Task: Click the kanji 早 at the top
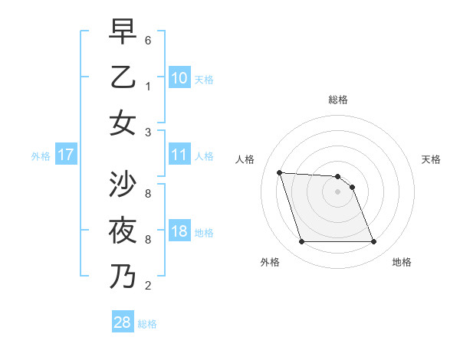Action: point(123,32)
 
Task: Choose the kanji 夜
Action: point(123,231)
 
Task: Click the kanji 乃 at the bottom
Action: point(123,276)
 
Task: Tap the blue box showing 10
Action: point(179,78)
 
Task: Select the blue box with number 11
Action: point(179,155)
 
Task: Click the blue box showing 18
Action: point(179,232)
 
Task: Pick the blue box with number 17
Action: point(66,155)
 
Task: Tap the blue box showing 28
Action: point(123,322)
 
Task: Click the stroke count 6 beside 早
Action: point(148,40)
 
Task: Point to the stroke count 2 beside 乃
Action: point(148,286)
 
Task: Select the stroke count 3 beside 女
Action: point(148,132)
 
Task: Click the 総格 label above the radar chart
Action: point(338,100)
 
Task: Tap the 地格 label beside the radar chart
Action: point(402,263)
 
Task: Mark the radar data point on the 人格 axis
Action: point(280,172)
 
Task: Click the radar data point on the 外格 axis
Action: point(301,242)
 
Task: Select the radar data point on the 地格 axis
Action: point(373,242)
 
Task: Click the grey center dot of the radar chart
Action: point(337,191)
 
